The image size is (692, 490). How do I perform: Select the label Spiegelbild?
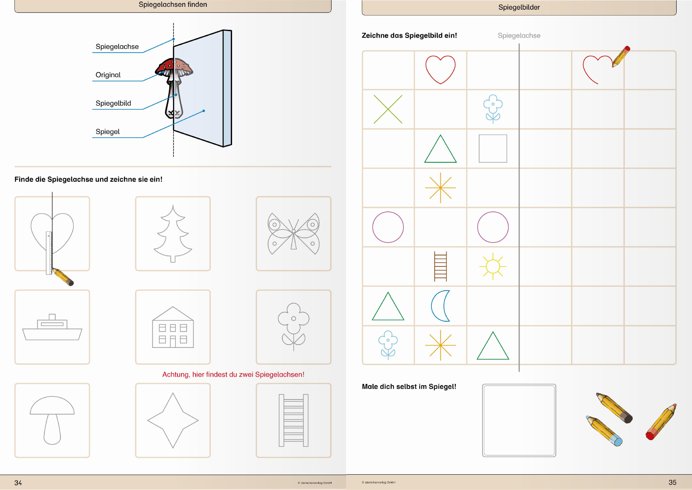(113, 103)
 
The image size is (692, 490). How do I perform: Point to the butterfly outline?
(293, 233)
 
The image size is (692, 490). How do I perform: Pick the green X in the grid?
(388, 109)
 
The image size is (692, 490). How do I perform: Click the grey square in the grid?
(493, 148)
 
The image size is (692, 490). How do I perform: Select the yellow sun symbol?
(493, 266)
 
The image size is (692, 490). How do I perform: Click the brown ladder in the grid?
(440, 266)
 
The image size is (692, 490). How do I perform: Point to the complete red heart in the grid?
(440, 69)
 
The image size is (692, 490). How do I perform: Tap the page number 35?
(672, 482)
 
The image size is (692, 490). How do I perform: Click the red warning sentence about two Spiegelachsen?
(233, 375)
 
